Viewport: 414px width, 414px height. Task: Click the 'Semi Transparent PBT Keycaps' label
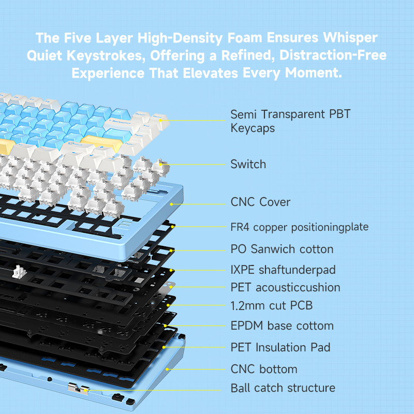point(290,121)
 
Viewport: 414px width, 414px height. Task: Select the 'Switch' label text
point(248,165)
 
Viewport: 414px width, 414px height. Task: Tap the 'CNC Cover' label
point(260,202)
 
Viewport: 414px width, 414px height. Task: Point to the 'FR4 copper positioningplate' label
point(299,227)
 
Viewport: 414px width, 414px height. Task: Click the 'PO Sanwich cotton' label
point(282,249)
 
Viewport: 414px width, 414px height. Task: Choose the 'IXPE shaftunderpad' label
point(283,270)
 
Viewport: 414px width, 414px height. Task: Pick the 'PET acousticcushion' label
point(285,287)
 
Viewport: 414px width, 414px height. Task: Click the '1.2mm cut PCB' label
point(271,306)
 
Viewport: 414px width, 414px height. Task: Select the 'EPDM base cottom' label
point(282,326)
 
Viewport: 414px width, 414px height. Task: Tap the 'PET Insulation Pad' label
point(280,347)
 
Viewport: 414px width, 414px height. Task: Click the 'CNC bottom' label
point(264,369)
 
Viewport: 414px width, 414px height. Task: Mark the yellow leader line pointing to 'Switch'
point(197,165)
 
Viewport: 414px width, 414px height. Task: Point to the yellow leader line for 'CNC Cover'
point(202,203)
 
